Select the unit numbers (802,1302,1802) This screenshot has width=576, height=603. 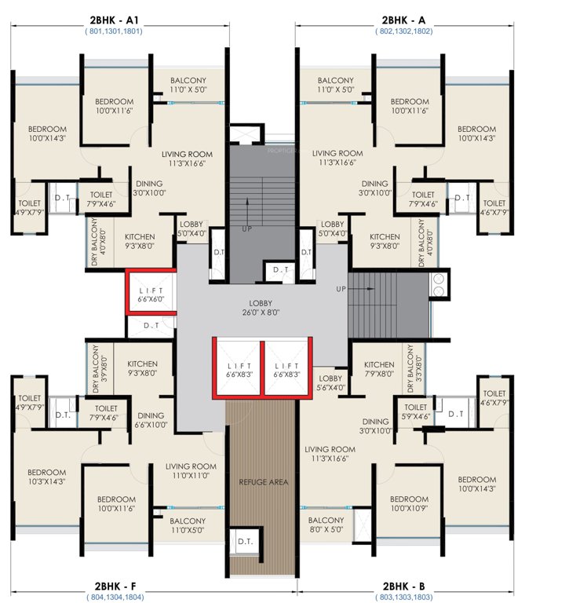(x=405, y=31)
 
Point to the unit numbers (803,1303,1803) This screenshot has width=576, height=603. (x=405, y=598)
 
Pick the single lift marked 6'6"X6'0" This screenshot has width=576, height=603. (x=151, y=294)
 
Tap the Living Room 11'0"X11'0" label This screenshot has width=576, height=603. (x=191, y=470)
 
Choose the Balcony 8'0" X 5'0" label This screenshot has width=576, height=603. (x=326, y=525)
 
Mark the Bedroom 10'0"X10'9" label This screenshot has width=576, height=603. (x=410, y=503)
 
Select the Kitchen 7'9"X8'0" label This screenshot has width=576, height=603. (x=378, y=369)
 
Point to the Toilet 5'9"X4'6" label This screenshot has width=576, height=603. (x=415, y=412)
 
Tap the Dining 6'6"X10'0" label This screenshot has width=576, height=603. (x=150, y=420)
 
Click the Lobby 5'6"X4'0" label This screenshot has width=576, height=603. (x=331, y=382)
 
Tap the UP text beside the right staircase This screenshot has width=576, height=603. (x=341, y=289)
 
